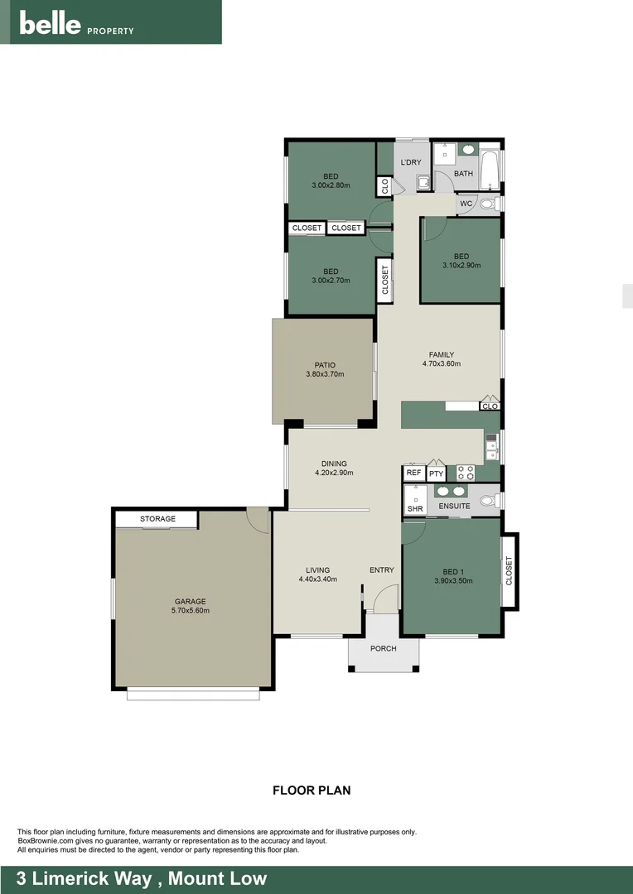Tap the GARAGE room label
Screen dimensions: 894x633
190,606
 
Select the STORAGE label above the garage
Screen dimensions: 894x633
157,519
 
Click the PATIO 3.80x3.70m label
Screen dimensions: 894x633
324,369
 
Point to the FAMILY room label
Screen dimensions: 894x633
441,359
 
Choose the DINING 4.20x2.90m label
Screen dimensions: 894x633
334,469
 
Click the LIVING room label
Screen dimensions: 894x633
317,574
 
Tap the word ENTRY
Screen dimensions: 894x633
382,570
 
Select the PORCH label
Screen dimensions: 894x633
383,648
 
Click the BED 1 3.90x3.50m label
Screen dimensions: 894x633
452,576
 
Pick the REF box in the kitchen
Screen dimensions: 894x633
413,473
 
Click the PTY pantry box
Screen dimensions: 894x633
437,473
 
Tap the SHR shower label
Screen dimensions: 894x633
414,508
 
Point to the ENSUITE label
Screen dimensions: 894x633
454,506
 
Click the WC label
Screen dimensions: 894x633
466,204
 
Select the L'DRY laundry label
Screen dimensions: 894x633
411,162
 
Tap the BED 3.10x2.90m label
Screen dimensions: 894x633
461,261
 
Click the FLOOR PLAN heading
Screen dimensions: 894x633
312,791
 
